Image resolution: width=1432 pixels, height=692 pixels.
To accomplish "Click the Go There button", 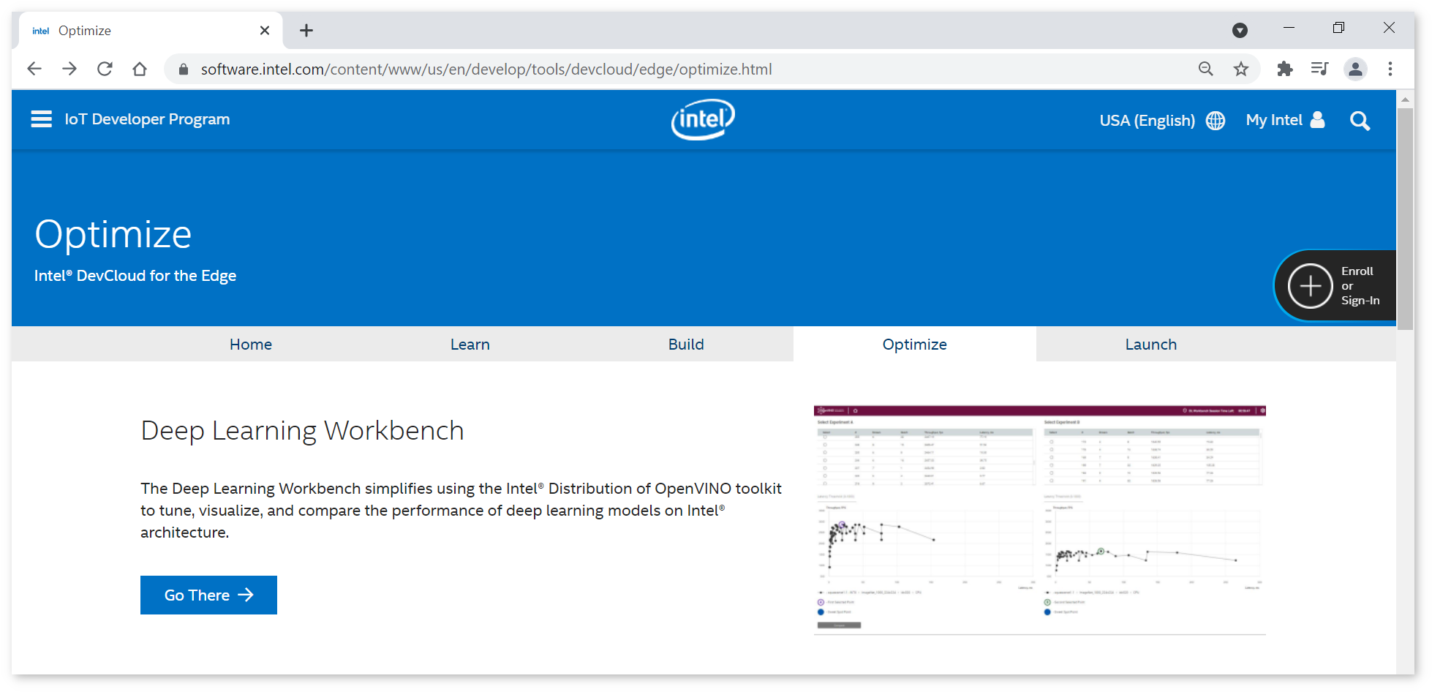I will tap(208, 595).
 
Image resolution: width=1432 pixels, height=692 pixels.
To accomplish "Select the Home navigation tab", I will tap(251, 345).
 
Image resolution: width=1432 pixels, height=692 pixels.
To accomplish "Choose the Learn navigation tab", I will tap(470, 345).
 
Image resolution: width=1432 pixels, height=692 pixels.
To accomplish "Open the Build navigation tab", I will tap(685, 345).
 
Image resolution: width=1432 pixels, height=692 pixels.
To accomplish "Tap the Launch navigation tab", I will tap(1150, 345).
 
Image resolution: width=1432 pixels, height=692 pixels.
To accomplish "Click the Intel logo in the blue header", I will tap(703, 119).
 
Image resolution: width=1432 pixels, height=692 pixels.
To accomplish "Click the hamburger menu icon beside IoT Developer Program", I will tap(42, 119).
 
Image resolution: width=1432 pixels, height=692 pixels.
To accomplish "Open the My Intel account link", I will tap(1285, 120).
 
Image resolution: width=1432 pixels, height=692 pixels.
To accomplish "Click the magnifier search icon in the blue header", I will tap(1360, 121).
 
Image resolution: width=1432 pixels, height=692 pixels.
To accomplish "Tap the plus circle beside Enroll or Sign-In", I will tap(1310, 286).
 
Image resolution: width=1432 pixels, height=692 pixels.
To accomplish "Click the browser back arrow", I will tap(34, 69).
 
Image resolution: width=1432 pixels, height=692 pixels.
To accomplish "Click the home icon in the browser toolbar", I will tap(140, 69).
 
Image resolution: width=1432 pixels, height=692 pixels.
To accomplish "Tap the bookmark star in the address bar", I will tap(1241, 69).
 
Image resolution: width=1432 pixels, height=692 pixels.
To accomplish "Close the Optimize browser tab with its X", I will tap(265, 31).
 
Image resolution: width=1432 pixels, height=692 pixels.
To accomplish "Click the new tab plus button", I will tap(306, 31).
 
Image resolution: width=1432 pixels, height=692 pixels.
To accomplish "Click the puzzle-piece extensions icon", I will tap(1284, 69).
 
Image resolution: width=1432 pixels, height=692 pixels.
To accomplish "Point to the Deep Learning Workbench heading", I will tap(302, 431).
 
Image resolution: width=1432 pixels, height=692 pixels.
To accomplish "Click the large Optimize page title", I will tap(113, 235).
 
